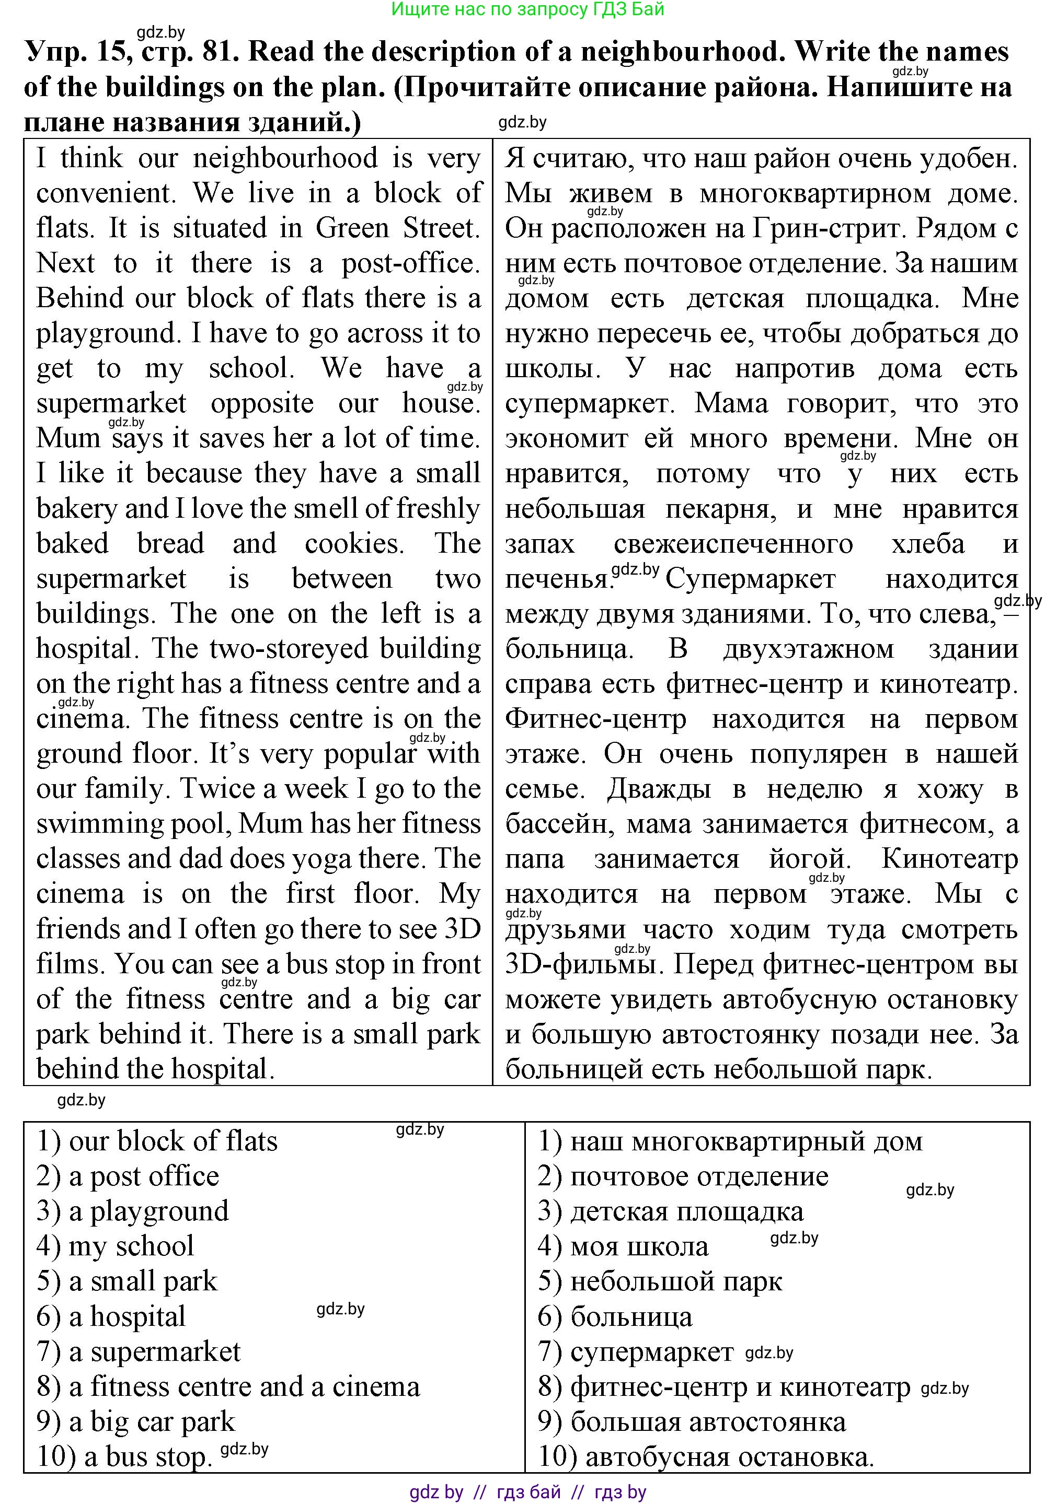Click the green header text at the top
click(x=527, y=9)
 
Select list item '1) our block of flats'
click(x=157, y=1142)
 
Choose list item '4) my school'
click(x=116, y=1246)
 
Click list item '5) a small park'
click(x=127, y=1281)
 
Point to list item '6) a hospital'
click(x=111, y=1316)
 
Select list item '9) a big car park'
click(x=135, y=1421)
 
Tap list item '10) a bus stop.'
click(x=124, y=1457)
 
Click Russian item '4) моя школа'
click(x=623, y=1246)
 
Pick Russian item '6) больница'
click(x=615, y=1316)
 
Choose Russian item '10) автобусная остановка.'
click(x=706, y=1458)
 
